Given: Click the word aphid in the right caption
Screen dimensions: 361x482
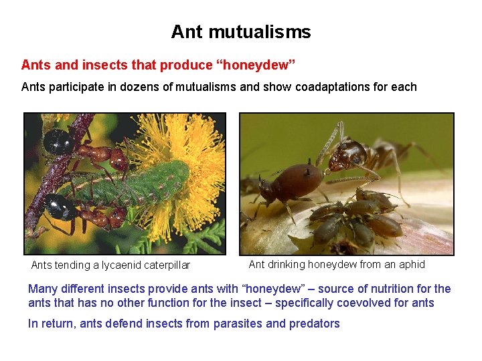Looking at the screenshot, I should coord(412,264).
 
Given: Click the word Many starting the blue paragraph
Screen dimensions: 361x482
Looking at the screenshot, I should coord(43,289).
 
